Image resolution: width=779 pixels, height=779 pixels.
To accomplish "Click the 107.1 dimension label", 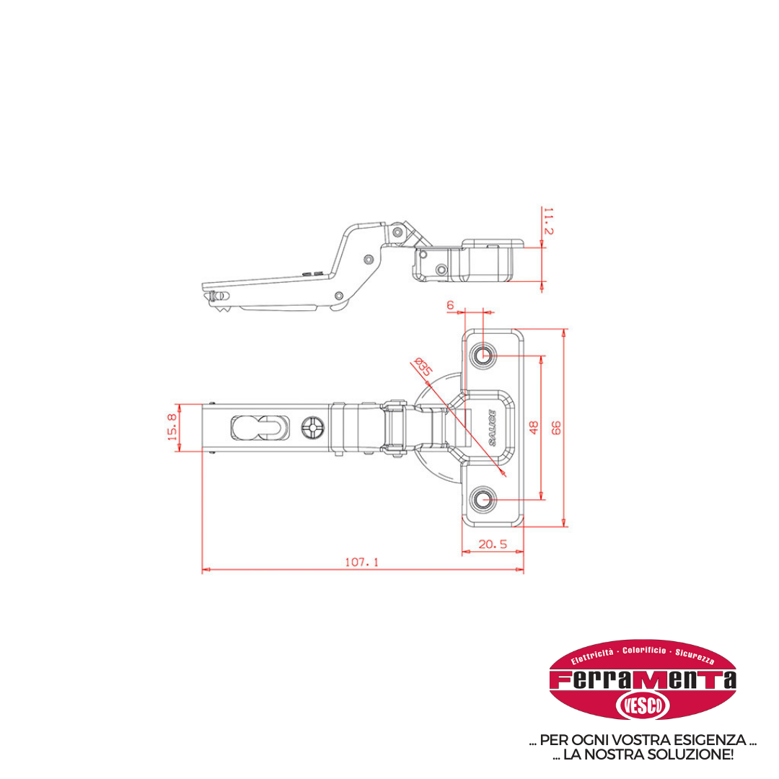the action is pos(361,562).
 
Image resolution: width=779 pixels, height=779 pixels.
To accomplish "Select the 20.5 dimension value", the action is pos(493,544).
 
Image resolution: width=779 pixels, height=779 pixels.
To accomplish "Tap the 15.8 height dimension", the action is pos(172,427).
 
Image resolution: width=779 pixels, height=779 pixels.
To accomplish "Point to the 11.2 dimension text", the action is pos(548,221).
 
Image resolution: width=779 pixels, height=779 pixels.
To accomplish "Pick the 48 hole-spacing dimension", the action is pos(534,427).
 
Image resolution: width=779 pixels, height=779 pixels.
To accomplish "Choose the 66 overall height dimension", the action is pos(556,427).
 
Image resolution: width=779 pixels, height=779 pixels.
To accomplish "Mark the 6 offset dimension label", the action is pos(450,305).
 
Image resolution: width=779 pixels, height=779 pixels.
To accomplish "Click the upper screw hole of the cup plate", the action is pos(483,355).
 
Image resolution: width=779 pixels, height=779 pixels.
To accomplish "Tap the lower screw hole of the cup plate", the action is pos(483,499).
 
